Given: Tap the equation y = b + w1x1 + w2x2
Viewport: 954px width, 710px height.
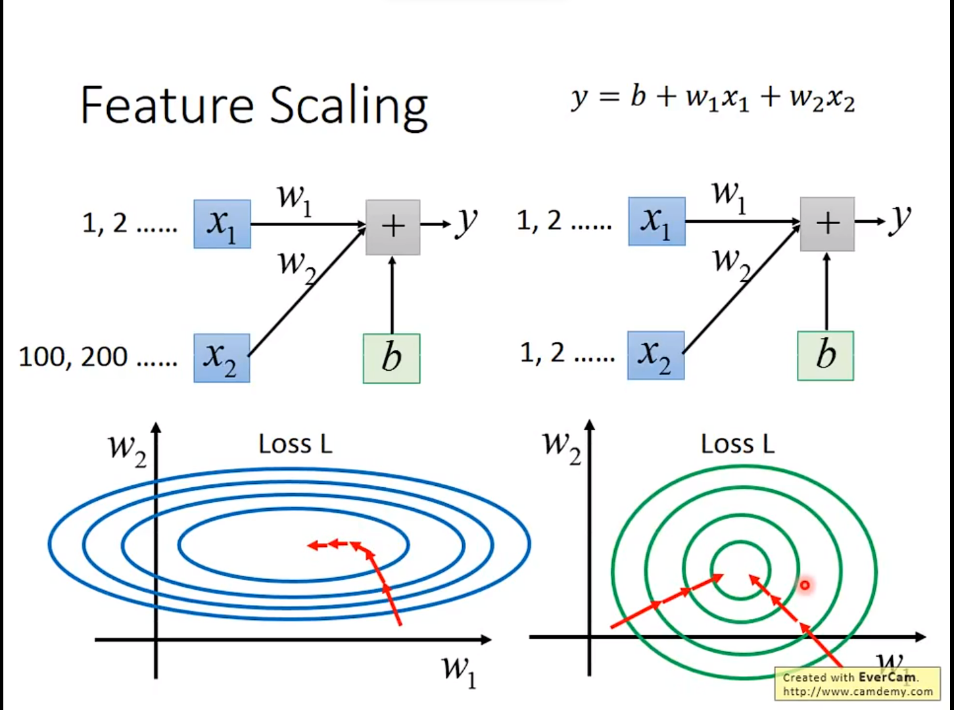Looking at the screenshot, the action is point(713,99).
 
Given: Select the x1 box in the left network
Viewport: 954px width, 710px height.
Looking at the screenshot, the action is point(222,224).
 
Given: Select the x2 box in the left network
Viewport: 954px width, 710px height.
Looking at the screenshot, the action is point(222,358).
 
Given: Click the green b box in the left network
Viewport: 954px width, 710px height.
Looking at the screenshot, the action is point(391,358).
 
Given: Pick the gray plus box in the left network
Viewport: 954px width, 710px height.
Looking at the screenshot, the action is point(393,227).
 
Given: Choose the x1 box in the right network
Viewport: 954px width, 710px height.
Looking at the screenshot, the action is point(656,222).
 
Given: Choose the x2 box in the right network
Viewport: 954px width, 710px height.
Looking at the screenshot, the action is point(656,356).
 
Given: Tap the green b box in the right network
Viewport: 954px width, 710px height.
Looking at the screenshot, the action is point(825,356).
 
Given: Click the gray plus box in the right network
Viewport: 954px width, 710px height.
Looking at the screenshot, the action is point(827,224).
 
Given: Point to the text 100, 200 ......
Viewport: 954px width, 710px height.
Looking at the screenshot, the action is point(73,357).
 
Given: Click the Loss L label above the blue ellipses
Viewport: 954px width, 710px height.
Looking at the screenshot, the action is point(295,444).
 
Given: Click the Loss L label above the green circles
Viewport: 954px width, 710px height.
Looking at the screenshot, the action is point(737,444).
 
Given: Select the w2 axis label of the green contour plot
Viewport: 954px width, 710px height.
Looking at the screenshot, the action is point(561,446).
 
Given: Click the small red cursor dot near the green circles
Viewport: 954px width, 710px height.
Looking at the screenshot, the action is point(804,584).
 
